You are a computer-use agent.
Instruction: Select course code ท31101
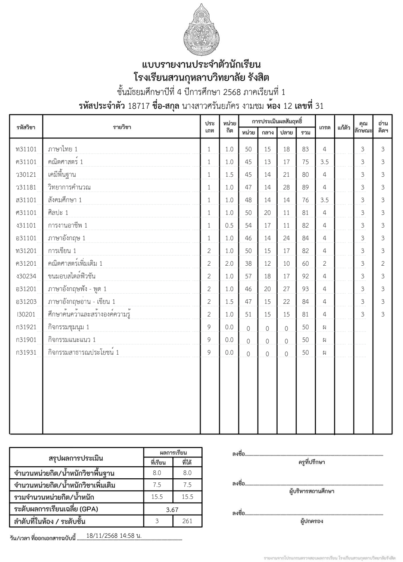(x=26, y=149)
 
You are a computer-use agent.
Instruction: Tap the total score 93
(x=305, y=289)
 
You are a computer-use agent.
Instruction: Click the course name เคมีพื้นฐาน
(x=62, y=175)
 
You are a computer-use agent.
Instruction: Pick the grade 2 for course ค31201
(x=324, y=264)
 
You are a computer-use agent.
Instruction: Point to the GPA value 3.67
(x=172, y=509)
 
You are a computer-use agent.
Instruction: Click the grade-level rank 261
(x=187, y=521)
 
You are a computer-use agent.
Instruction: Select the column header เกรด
(x=325, y=127)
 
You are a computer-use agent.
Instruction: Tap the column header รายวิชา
(x=122, y=127)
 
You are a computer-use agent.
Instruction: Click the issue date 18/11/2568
(x=101, y=535)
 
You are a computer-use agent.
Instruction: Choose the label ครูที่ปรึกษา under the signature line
(x=312, y=462)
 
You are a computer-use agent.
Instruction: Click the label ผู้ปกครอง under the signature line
(x=312, y=521)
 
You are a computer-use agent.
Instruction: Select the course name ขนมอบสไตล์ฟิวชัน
(x=72, y=277)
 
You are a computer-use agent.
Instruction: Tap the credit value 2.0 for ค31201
(x=229, y=264)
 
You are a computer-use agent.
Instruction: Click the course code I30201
(x=26, y=315)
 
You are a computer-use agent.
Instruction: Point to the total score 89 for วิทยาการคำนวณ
(x=305, y=188)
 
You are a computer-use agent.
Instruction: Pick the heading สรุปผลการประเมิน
(x=76, y=458)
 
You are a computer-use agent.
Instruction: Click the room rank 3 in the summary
(x=157, y=521)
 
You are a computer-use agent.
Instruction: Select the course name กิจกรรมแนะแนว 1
(x=72, y=340)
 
